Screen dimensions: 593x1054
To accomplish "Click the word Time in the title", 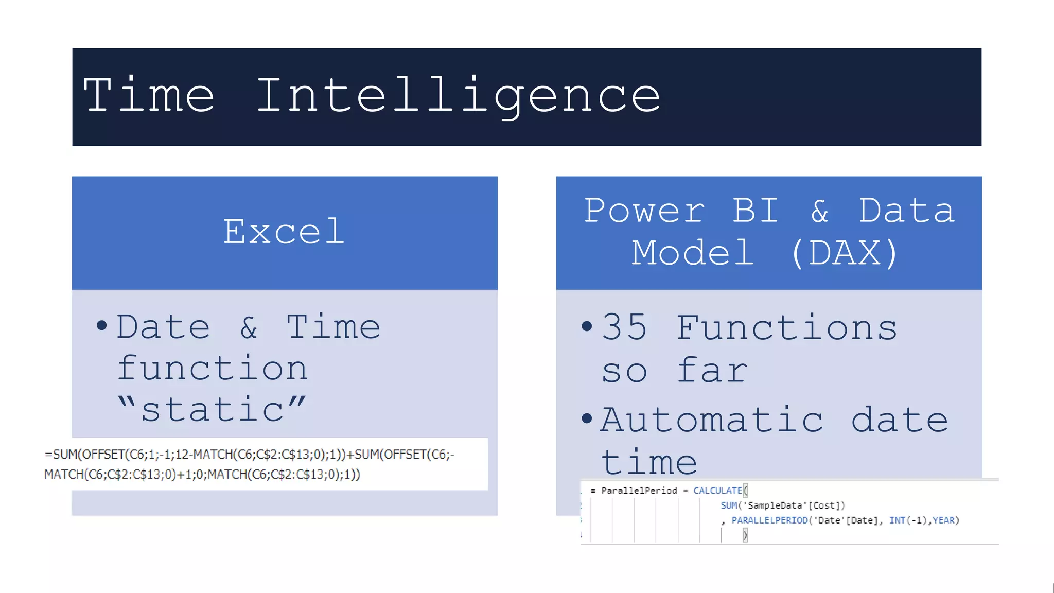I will point(149,95).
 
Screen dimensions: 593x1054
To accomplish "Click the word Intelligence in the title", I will point(458,95).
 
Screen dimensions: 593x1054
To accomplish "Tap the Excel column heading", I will point(284,232).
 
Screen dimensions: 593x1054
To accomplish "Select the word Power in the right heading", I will point(644,211).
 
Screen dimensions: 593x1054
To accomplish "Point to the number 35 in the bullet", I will point(624,328).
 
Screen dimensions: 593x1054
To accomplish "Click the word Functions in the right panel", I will point(786,328).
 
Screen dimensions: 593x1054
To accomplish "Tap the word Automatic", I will point(712,420).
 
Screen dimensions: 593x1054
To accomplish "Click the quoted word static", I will point(212,410).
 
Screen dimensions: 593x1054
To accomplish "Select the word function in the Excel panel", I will point(212,369).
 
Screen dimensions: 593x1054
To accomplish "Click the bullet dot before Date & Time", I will point(101,325).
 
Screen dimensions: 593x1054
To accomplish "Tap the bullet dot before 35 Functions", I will point(587,326).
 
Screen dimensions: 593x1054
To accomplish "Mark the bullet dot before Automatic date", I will point(587,418).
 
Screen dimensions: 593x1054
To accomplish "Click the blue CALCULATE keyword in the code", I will point(717,491).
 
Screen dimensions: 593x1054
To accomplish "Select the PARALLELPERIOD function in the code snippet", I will point(769,520).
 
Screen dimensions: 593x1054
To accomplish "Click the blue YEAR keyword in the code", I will point(943,520).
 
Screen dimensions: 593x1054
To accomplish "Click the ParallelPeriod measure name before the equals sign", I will point(639,491).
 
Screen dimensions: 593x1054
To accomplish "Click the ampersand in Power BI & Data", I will point(820,211).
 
